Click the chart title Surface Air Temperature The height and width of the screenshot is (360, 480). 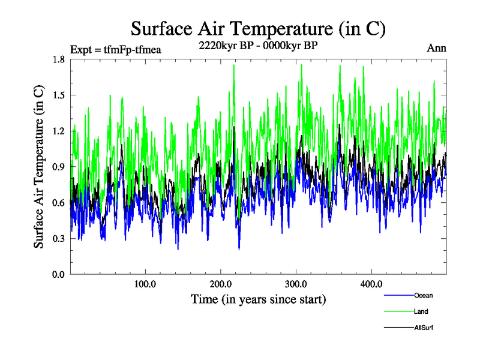[x=258, y=29]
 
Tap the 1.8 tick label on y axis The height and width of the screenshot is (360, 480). [x=58, y=59]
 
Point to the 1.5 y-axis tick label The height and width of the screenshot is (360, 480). [x=58, y=95]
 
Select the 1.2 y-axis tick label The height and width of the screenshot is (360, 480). [x=58, y=131]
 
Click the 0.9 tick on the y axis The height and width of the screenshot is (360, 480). [x=58, y=167]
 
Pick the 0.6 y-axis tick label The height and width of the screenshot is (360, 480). [x=58, y=203]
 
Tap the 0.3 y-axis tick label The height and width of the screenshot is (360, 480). [x=58, y=239]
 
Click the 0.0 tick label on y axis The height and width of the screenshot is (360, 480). [x=58, y=274]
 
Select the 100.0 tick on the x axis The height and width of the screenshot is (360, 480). [x=145, y=284]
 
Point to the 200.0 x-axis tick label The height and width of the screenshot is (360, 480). [x=221, y=284]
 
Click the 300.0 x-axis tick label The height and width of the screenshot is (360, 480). [x=296, y=284]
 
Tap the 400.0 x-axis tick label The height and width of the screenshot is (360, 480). [x=371, y=284]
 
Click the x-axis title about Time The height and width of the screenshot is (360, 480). [x=258, y=299]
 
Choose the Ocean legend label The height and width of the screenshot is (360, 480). [x=423, y=295]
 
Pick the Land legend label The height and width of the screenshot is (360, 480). [x=421, y=311]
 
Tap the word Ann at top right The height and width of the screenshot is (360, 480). [x=436, y=48]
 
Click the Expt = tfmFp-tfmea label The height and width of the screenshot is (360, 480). [x=116, y=49]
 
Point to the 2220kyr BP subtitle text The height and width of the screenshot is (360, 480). [x=258, y=45]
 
